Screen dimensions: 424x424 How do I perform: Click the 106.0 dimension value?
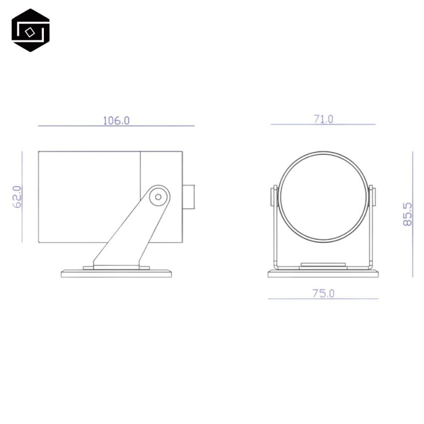click(x=116, y=120)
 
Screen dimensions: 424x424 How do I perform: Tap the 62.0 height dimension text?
click(x=17, y=197)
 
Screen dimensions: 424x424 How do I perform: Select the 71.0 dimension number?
click(x=323, y=119)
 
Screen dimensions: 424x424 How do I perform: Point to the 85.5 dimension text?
click(x=408, y=214)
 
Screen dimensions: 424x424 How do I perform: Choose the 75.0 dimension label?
click(x=323, y=293)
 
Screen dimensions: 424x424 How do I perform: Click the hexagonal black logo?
click(x=30, y=30)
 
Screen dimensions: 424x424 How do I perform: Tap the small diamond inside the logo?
click(x=30, y=32)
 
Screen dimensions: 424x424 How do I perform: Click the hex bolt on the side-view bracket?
click(x=159, y=197)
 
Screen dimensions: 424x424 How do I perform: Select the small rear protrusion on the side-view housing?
click(x=189, y=197)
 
